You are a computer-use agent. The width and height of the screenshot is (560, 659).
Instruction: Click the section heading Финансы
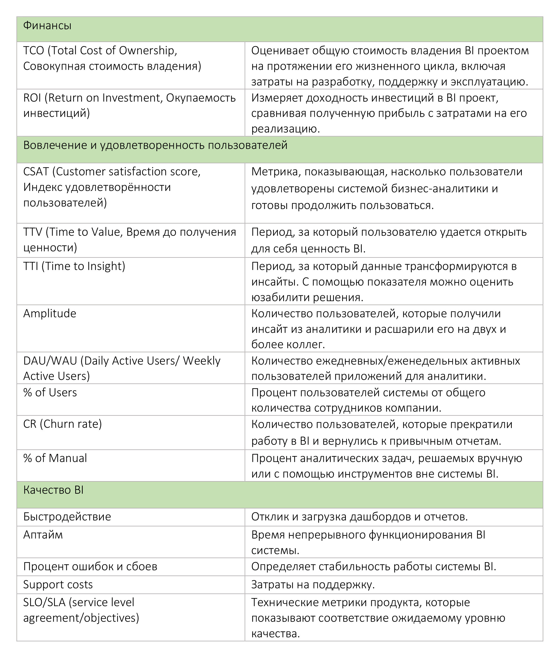pyautogui.click(x=47, y=26)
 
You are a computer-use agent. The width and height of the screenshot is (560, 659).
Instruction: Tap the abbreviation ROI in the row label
pyautogui.click(x=32, y=98)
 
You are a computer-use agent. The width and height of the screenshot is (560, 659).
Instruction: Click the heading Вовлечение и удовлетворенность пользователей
pyautogui.click(x=155, y=145)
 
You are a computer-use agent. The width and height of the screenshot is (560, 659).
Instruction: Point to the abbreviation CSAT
pyautogui.click(x=36, y=171)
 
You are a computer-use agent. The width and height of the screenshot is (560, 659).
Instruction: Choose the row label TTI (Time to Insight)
pyautogui.click(x=74, y=266)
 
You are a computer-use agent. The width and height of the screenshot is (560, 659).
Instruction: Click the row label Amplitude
pyautogui.click(x=50, y=313)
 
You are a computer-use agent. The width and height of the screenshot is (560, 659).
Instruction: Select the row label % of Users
pyautogui.click(x=50, y=392)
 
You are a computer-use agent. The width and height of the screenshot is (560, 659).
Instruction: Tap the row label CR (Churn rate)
pyautogui.click(x=62, y=424)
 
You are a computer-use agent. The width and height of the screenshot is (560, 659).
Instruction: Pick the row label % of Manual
pyautogui.click(x=55, y=458)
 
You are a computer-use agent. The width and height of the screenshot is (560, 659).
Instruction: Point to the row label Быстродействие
pyautogui.click(x=67, y=517)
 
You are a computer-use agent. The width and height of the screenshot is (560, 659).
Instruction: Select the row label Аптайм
pyautogui.click(x=43, y=535)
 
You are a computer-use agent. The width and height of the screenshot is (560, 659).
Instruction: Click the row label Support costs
pyautogui.click(x=58, y=584)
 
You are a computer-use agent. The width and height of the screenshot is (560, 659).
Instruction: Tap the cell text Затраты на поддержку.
pyautogui.click(x=313, y=584)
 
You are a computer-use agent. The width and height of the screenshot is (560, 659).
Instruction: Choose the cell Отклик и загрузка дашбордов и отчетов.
pyautogui.click(x=360, y=517)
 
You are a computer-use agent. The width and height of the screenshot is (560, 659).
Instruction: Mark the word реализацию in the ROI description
pyautogui.click(x=285, y=129)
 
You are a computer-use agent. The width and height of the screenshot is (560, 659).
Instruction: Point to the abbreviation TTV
pyautogui.click(x=33, y=232)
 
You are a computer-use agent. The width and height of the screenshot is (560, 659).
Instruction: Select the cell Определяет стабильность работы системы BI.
pyautogui.click(x=373, y=566)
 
